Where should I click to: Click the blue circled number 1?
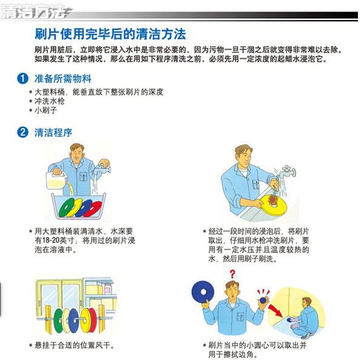click(23, 79)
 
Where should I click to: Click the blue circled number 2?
click(23, 132)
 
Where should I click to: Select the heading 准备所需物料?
click(63, 79)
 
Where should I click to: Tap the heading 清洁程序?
click(53, 133)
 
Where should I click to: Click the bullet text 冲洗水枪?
click(50, 101)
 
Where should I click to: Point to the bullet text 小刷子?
click(46, 110)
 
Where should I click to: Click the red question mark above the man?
click(233, 274)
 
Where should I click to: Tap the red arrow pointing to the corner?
click(276, 311)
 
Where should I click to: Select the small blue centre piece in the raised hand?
click(263, 300)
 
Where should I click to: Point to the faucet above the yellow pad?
click(287, 172)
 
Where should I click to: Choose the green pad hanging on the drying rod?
click(58, 321)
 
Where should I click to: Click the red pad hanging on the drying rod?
click(93, 320)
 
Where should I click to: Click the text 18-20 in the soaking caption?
click(51, 241)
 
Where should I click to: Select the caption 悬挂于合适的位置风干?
click(73, 345)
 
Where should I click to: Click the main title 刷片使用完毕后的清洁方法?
click(110, 34)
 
